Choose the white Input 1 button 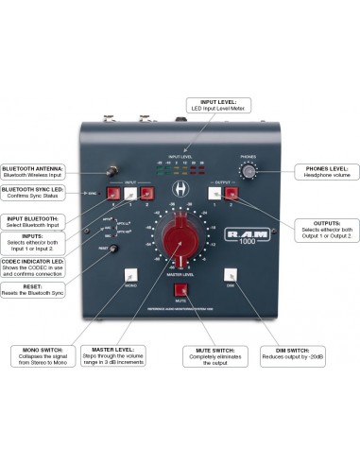(130, 193)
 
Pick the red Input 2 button (146, 193)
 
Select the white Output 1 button (214, 193)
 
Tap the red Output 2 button (231, 193)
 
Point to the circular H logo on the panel (180, 189)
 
